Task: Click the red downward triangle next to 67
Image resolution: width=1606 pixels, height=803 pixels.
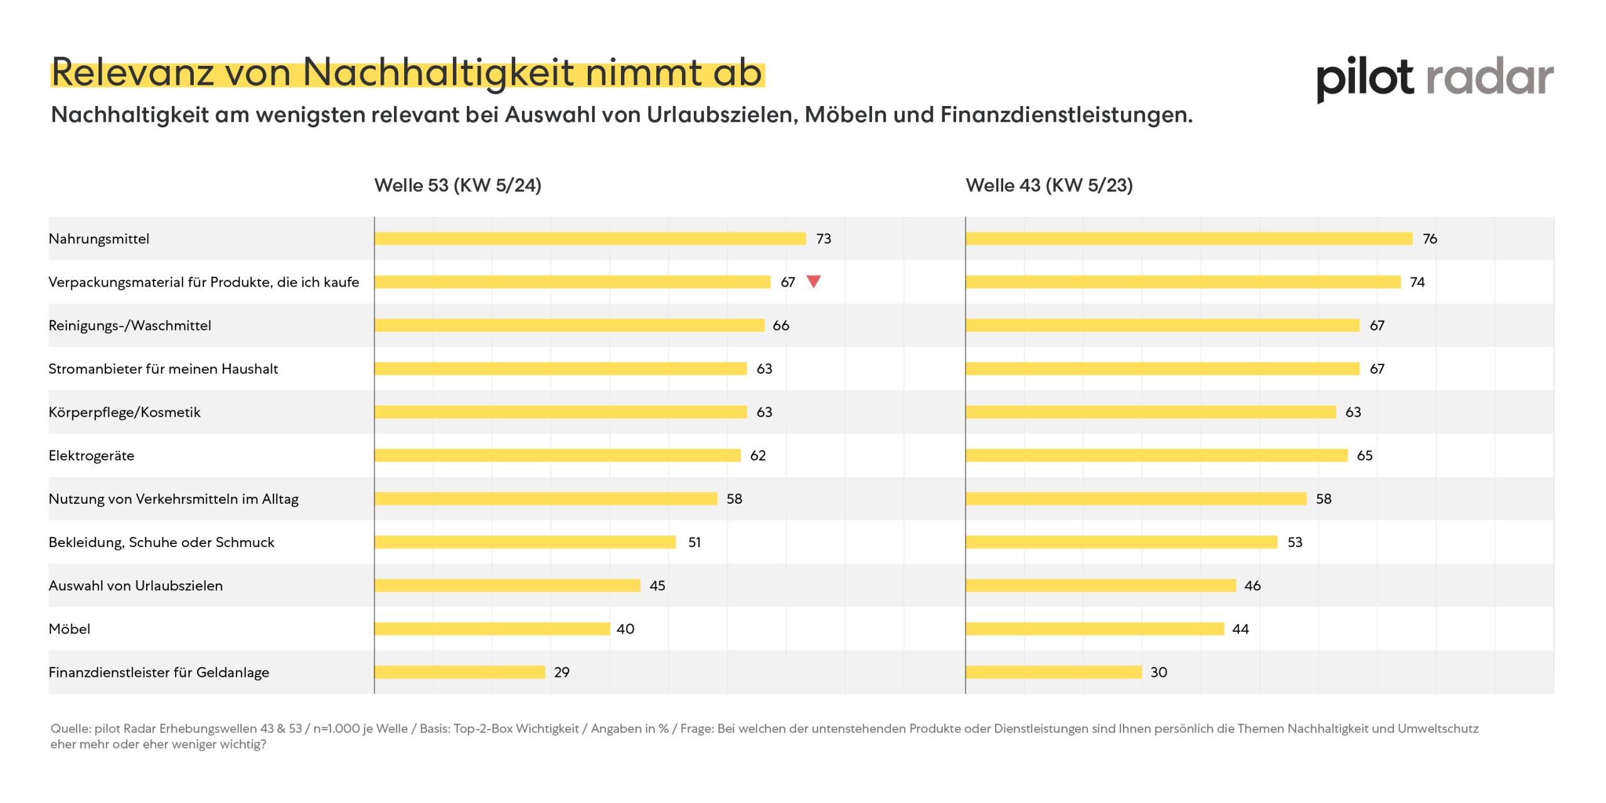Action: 813,281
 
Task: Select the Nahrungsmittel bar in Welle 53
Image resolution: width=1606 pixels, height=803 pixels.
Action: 590,238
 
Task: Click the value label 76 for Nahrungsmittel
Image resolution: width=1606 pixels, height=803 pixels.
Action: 1430,238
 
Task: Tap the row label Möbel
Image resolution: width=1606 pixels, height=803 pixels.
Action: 70,629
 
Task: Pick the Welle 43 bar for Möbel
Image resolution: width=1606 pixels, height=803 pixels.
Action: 1095,629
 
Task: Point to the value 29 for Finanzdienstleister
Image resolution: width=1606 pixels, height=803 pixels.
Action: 561,672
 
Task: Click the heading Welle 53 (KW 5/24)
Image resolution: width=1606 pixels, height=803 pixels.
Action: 457,185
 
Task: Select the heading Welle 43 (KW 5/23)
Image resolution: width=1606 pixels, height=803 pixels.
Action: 1049,185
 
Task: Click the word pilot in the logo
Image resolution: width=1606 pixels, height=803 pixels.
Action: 1364,78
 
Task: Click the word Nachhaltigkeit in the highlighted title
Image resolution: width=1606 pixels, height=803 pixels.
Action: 438,73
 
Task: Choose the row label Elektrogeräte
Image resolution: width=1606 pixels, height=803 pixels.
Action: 92,455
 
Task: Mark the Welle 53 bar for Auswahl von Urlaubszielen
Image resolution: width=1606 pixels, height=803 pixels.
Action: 507,585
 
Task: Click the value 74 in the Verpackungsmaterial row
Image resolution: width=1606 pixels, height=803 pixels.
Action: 1417,282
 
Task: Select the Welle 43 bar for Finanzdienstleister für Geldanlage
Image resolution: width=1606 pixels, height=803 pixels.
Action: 1053,672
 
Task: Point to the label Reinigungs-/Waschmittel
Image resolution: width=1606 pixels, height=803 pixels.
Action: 130,325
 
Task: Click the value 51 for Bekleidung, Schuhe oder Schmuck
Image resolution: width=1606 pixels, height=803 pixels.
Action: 694,542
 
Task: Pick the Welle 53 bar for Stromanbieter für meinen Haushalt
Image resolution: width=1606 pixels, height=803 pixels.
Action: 560,368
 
